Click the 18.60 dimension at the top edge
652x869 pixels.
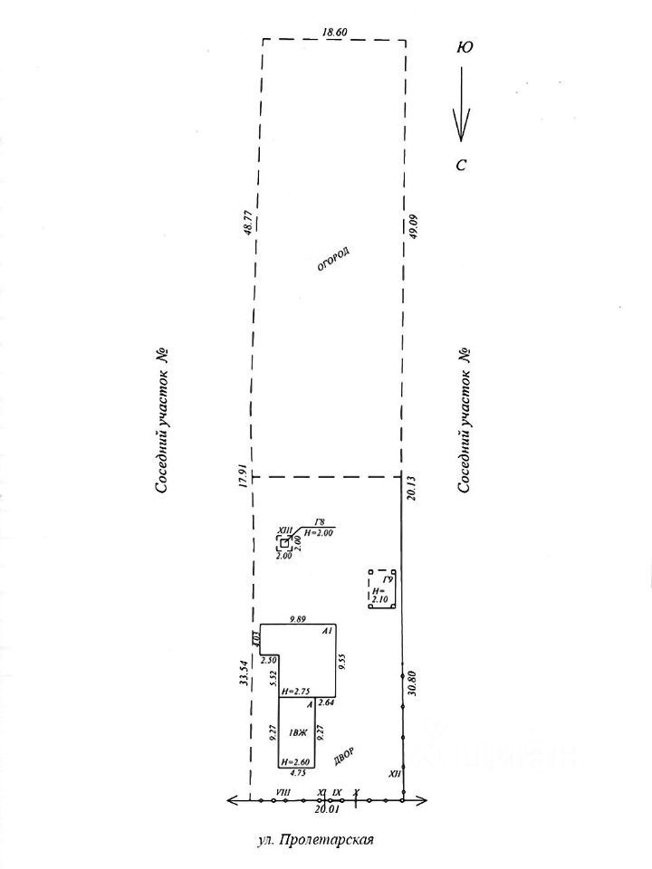coord(334,33)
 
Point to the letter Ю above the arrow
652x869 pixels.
coord(464,47)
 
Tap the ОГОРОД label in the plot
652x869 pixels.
coord(332,259)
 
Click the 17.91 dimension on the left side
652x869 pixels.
coord(243,477)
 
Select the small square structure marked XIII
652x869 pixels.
coord(284,543)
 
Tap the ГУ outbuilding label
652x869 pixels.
coord(388,579)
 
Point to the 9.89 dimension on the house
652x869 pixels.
coord(297,618)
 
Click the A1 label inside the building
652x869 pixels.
coord(329,629)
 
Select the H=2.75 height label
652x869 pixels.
coord(296,692)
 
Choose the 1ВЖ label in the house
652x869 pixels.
coord(296,732)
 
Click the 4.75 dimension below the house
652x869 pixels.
coord(296,774)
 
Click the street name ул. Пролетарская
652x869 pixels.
coord(314,840)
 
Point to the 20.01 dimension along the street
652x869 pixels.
coord(326,811)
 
